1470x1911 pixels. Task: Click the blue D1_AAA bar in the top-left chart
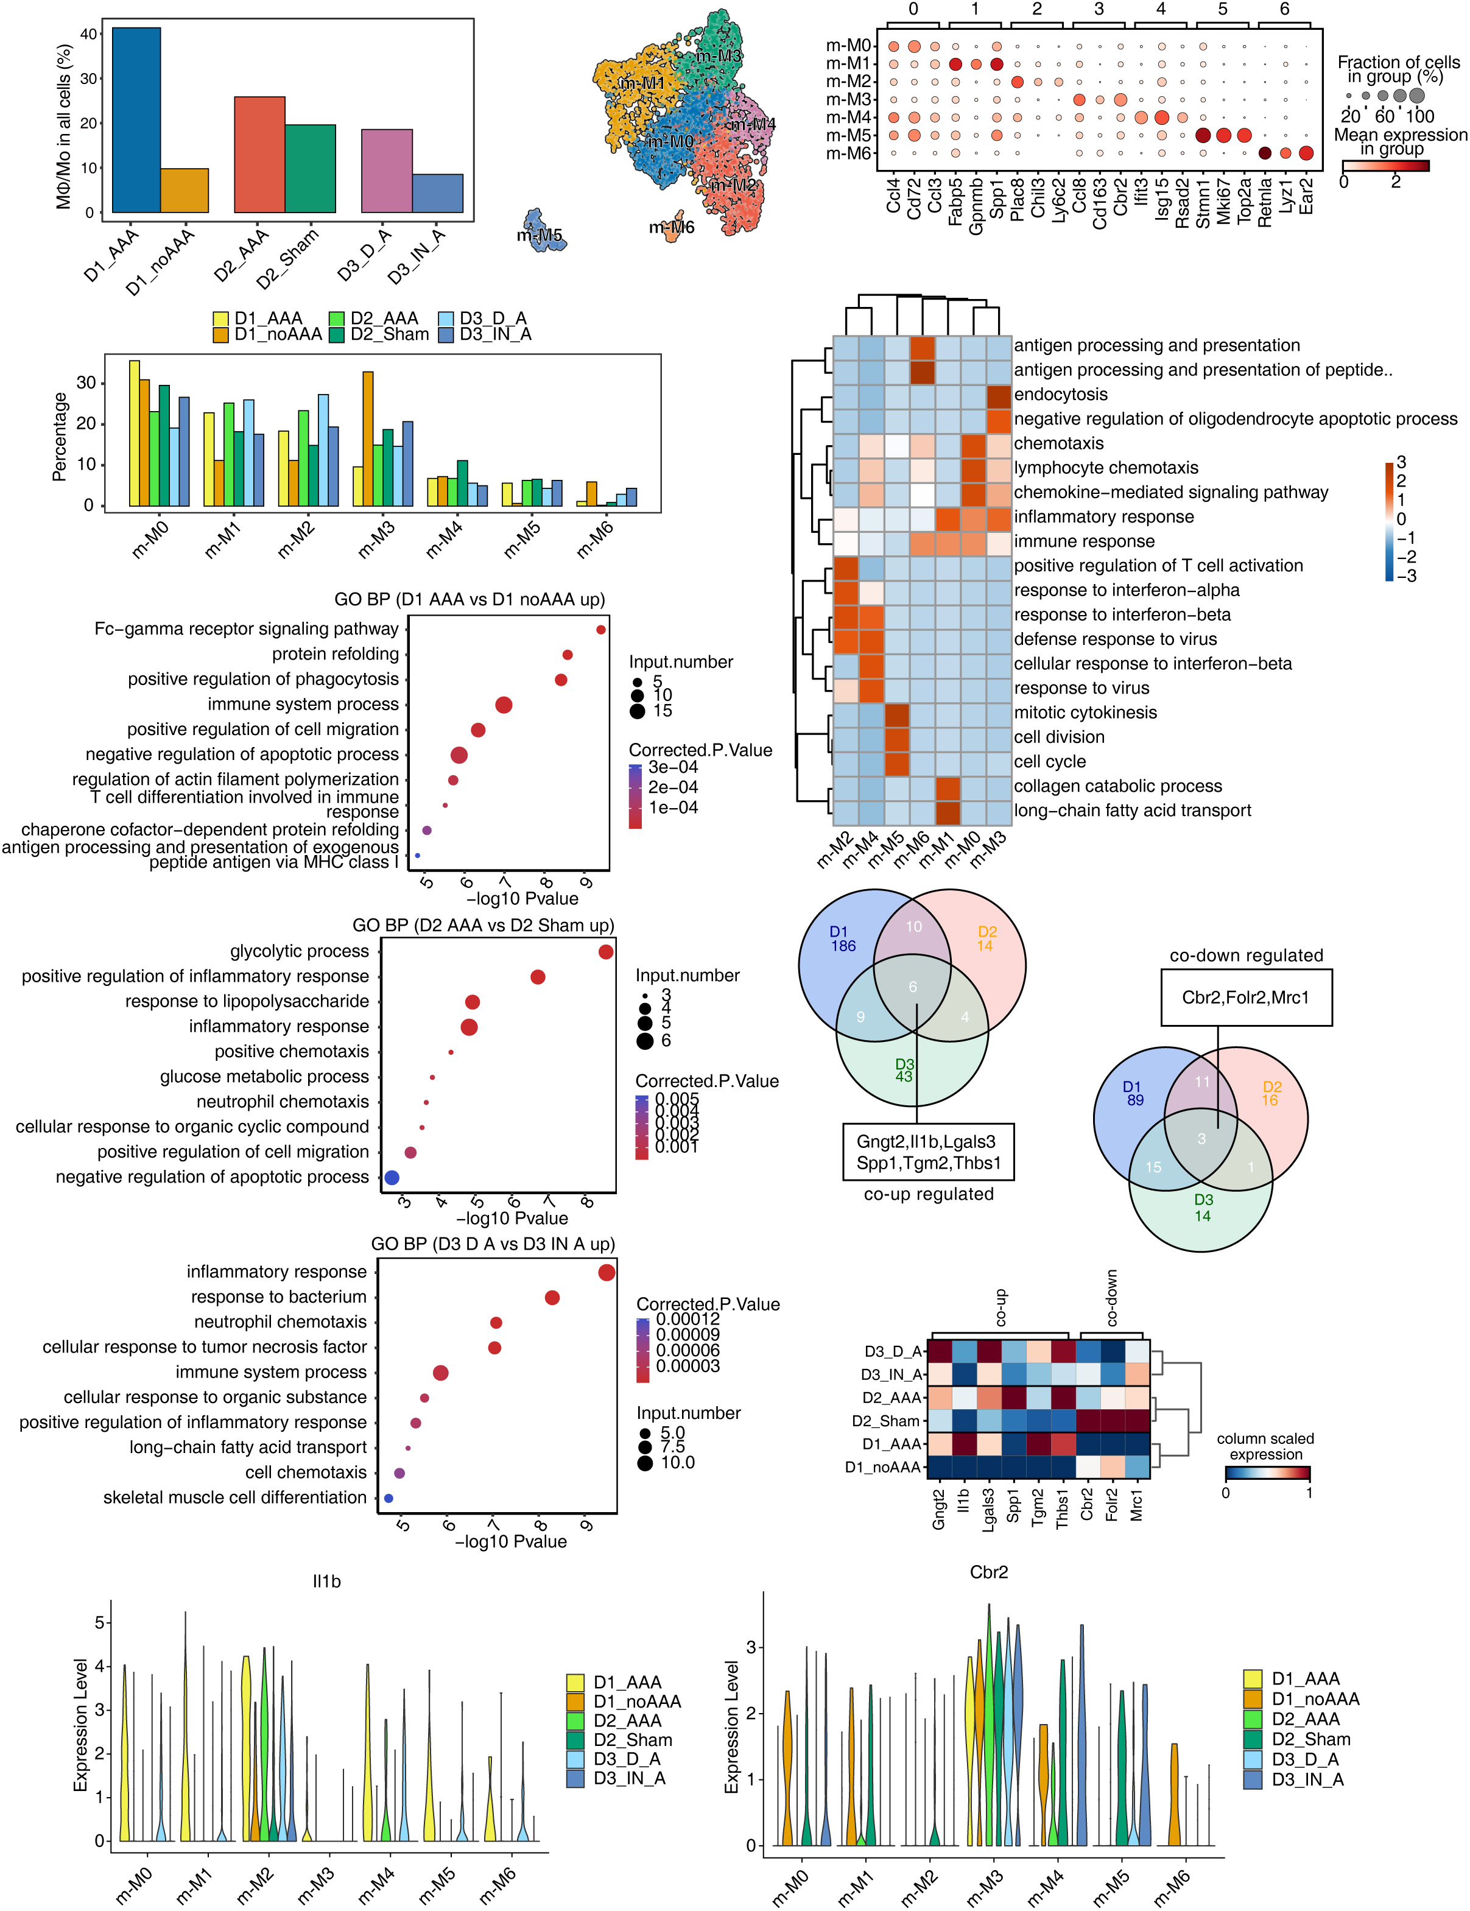click(x=136, y=120)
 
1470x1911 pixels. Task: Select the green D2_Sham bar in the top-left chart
click(x=310, y=169)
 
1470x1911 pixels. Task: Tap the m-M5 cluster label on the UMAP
click(x=539, y=236)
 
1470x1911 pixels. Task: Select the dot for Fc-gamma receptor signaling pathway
click(x=601, y=629)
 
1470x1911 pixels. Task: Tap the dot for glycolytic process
click(x=605, y=952)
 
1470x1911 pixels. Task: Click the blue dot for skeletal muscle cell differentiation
click(x=389, y=1499)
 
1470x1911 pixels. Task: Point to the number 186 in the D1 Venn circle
click(x=843, y=946)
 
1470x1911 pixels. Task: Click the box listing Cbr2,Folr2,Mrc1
click(x=1246, y=998)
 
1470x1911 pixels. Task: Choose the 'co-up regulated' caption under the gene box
click(x=929, y=1194)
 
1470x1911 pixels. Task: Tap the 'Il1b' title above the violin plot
click(x=326, y=1581)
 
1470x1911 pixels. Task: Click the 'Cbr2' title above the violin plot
click(x=989, y=1572)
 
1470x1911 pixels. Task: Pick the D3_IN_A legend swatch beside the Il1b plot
click(x=575, y=1779)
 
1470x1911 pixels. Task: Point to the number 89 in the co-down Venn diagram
click(x=1135, y=1100)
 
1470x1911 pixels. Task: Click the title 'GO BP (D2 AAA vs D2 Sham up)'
click(x=483, y=926)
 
